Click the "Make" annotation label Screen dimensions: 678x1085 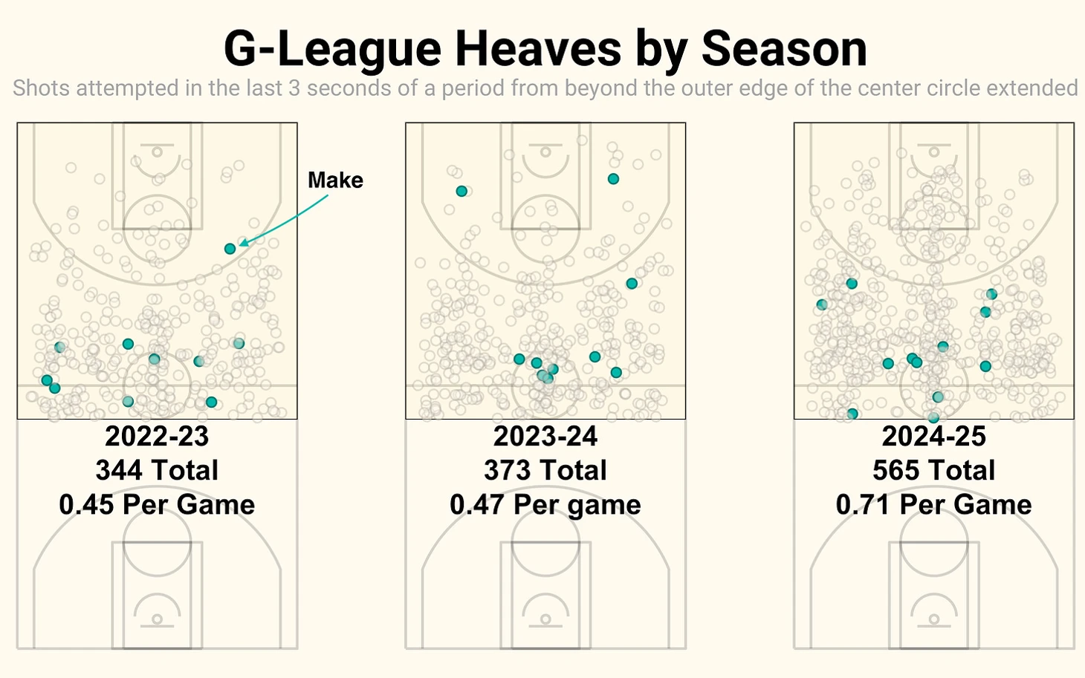click(x=335, y=180)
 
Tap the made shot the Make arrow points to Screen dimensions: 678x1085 click(x=230, y=249)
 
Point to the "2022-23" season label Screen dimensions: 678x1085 click(x=157, y=436)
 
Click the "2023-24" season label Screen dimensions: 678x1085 click(x=545, y=436)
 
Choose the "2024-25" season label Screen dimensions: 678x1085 click(x=934, y=436)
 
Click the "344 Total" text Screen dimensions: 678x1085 click(x=157, y=470)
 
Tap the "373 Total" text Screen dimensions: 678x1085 click(x=545, y=470)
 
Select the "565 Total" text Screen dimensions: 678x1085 click(x=934, y=470)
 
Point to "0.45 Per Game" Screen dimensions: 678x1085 click(x=157, y=505)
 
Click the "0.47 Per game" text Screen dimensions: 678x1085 click(x=545, y=505)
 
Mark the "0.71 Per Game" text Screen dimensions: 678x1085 click(x=934, y=505)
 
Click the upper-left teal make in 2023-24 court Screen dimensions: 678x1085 click(x=461, y=192)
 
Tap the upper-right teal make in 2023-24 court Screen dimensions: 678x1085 click(x=613, y=179)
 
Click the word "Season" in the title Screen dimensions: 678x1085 click(x=784, y=49)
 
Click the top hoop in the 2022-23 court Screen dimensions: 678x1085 click(x=157, y=152)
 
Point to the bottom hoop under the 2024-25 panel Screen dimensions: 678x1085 click(x=934, y=619)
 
